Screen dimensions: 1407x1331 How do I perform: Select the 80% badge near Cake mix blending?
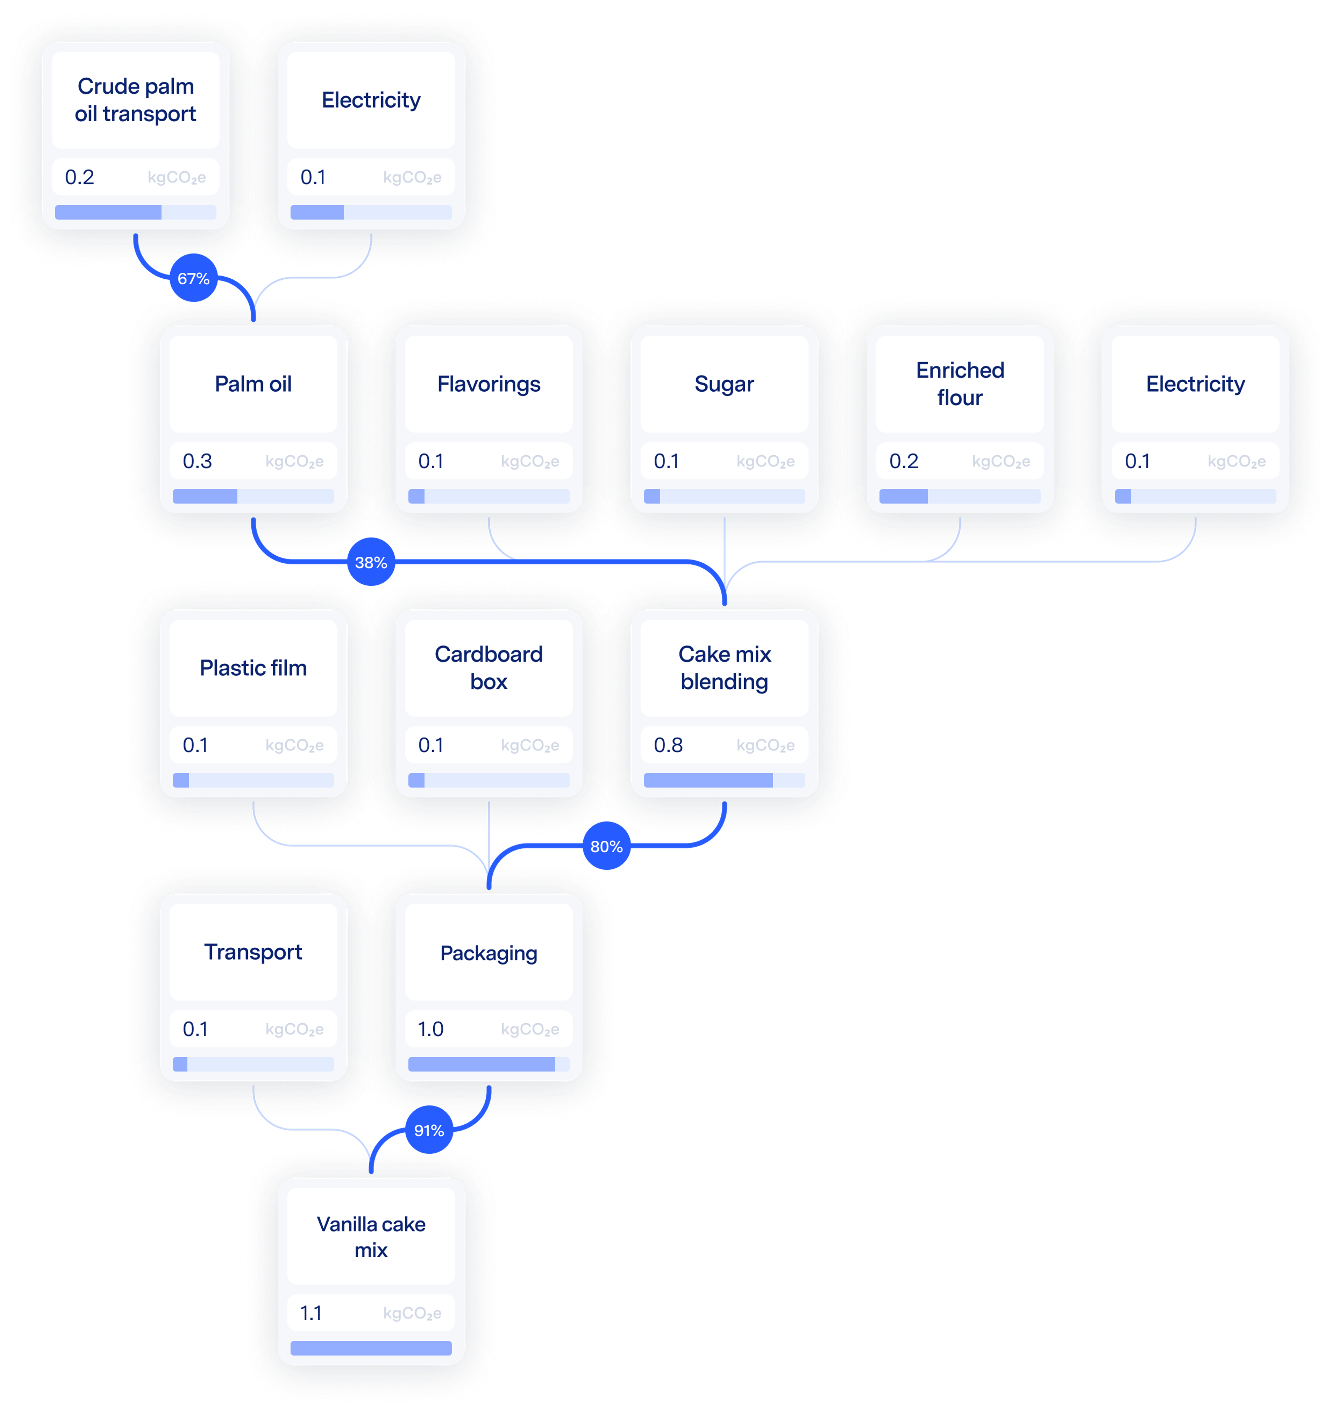point(607,846)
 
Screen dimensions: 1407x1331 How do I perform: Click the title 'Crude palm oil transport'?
point(136,100)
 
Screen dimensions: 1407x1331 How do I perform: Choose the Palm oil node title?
point(253,384)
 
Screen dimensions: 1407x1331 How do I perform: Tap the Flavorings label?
point(489,384)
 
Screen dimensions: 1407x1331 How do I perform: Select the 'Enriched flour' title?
point(960,384)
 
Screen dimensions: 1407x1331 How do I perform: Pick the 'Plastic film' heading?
point(253,668)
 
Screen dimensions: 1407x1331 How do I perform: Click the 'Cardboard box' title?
point(489,668)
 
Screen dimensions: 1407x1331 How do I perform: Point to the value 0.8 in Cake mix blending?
point(668,745)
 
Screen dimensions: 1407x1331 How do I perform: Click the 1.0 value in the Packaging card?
point(430,1029)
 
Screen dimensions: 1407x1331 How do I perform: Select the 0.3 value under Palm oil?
point(197,461)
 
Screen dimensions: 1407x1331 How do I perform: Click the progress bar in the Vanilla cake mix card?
point(371,1347)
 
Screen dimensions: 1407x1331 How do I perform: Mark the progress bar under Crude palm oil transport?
point(136,212)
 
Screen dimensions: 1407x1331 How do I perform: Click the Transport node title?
point(253,952)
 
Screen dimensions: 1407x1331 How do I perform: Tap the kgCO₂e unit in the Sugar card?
point(766,462)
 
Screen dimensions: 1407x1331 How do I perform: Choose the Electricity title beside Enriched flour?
point(1195,384)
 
